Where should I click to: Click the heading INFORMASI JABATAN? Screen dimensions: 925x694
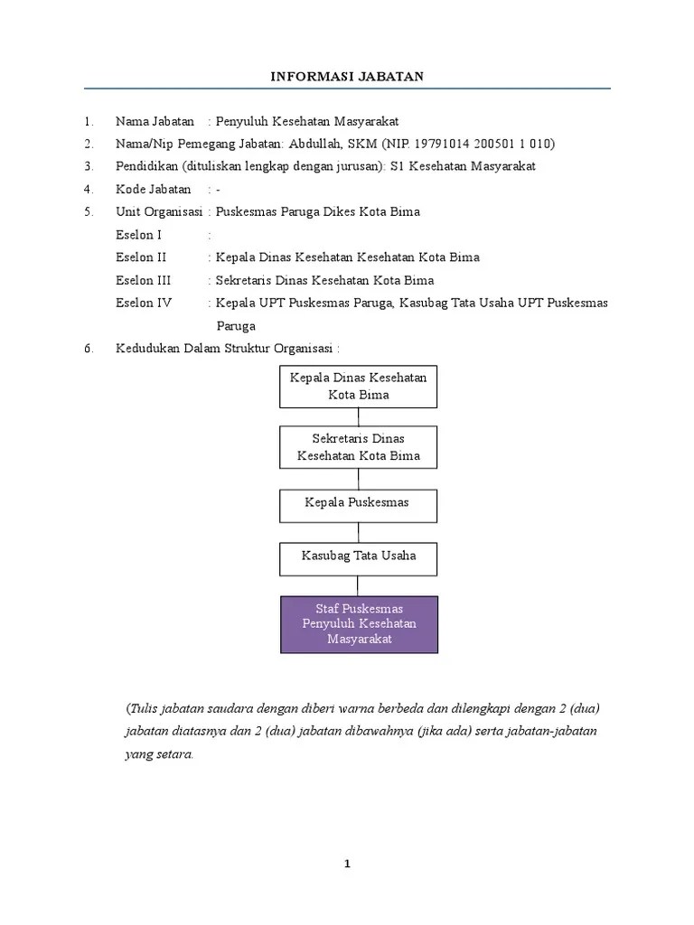tap(347, 77)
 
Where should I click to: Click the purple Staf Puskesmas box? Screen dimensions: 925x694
tap(359, 624)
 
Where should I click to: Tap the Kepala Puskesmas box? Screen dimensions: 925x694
tap(359, 504)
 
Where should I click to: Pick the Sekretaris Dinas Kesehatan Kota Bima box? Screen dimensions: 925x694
tap(359, 448)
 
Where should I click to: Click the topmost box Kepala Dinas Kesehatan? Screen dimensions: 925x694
tap(359, 386)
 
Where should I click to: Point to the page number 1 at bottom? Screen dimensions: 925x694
tap(347, 864)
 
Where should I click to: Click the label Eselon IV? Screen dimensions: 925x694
tap(144, 304)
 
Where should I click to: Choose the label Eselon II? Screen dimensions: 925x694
tap(141, 257)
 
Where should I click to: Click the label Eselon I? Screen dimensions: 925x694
tap(139, 235)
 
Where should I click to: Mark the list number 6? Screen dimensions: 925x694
tap(89, 349)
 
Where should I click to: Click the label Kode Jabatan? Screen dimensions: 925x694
tap(154, 190)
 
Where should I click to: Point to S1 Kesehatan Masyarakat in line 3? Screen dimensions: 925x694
tap(463, 166)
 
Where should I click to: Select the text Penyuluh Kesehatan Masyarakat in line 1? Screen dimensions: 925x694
tap(308, 121)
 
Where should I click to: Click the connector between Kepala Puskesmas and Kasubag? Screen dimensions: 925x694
tap(359, 532)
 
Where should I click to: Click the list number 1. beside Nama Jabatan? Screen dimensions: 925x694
tap(89, 121)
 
